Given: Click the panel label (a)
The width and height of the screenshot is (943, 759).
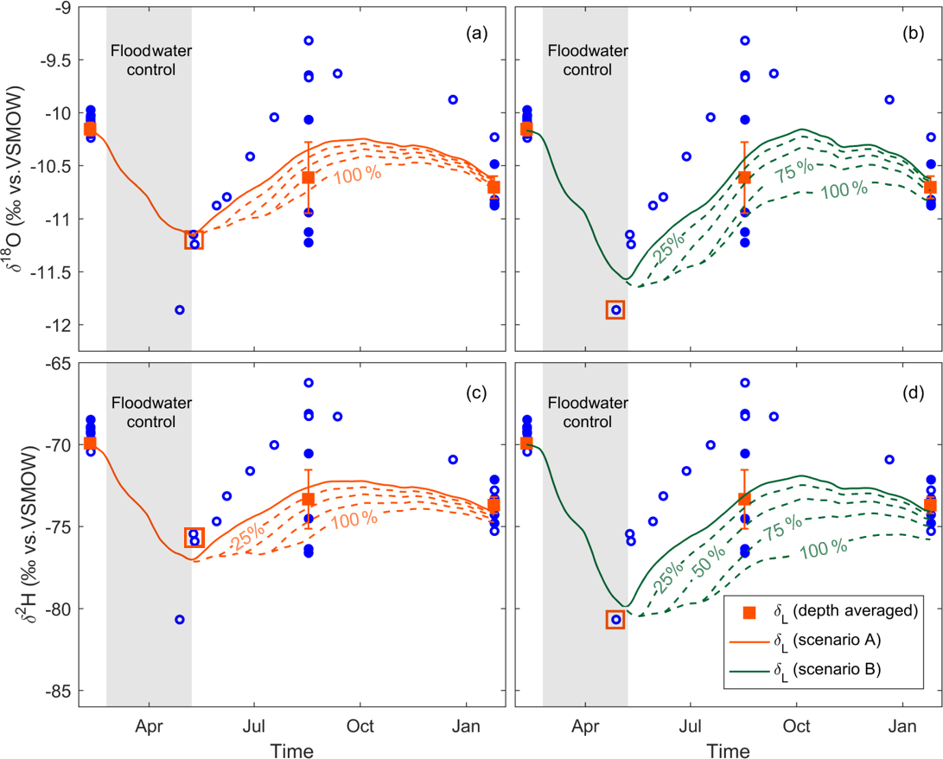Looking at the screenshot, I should click(x=476, y=35).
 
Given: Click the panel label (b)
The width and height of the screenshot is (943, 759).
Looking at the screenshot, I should click(x=912, y=35).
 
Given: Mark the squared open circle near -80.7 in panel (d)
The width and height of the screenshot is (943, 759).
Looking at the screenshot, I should click(x=615, y=619).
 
